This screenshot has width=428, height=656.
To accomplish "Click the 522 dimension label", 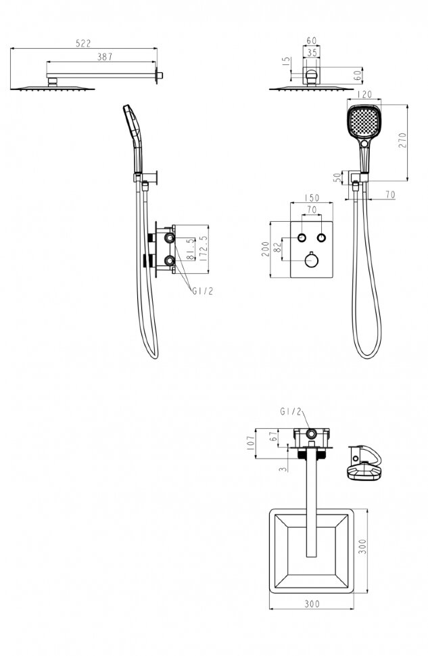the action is pos(83,43).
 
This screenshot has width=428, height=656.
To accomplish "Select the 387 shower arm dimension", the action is pos(105,57).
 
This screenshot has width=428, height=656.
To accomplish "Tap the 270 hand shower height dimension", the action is pos(402,140).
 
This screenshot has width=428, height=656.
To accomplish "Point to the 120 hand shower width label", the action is pos(364,95).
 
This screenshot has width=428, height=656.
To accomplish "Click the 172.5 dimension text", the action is pos(204,249).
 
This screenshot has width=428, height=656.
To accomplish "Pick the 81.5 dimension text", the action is pos(191,250).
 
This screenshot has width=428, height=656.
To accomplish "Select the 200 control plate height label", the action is pos(265,250).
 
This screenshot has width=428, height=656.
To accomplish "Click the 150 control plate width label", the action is pos(312,197).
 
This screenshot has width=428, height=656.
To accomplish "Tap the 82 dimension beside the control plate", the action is pos(277,248).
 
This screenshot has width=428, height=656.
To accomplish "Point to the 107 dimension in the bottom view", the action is pos(251,443).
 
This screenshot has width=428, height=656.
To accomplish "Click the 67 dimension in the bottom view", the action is pos(274,436).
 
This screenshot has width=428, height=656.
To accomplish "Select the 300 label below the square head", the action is pos(312,604).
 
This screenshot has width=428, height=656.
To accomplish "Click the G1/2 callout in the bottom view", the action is pos(290,412).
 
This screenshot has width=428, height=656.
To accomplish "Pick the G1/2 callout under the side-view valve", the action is pos(202,291).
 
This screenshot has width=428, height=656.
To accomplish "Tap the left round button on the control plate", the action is pos(302,237).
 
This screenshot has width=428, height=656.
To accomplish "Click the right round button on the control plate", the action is pos(321,237).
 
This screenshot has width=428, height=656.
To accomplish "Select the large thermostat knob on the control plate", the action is pos(311,261).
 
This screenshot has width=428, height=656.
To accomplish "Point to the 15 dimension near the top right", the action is pos(286,62).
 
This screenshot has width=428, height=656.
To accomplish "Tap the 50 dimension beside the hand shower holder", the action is pos(337,177).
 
